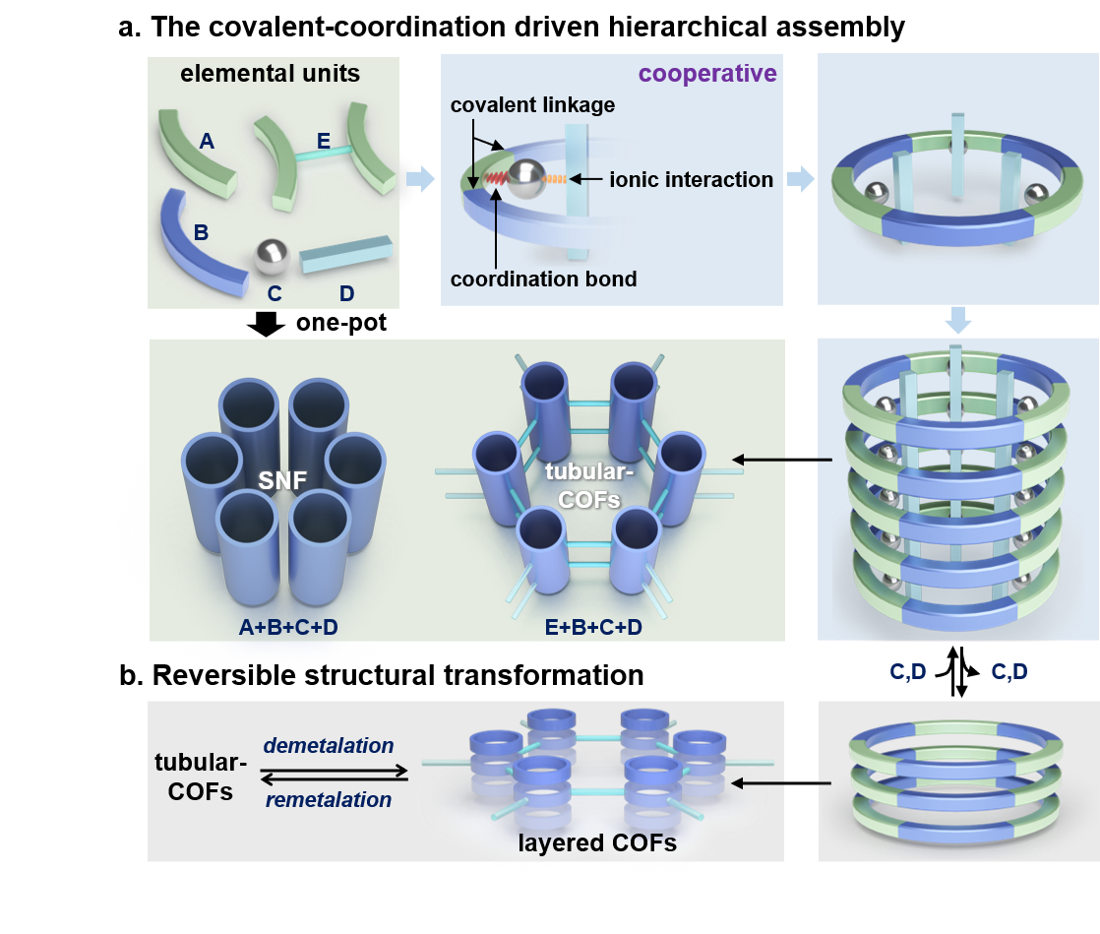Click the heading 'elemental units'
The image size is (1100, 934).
[x=270, y=73]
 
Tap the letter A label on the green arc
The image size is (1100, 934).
[x=207, y=142]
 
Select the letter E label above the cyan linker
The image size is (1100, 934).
[x=324, y=142]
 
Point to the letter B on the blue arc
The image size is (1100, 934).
[x=201, y=233]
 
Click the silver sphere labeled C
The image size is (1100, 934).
[x=272, y=256]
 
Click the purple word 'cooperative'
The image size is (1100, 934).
[x=707, y=74]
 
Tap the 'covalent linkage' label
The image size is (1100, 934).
[x=533, y=104]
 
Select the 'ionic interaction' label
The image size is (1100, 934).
[x=692, y=179]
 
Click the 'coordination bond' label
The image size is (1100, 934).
[x=543, y=279]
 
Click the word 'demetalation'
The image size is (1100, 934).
[x=329, y=745]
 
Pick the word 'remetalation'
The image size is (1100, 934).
[x=329, y=799]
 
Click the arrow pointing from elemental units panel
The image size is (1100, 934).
[x=419, y=179]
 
